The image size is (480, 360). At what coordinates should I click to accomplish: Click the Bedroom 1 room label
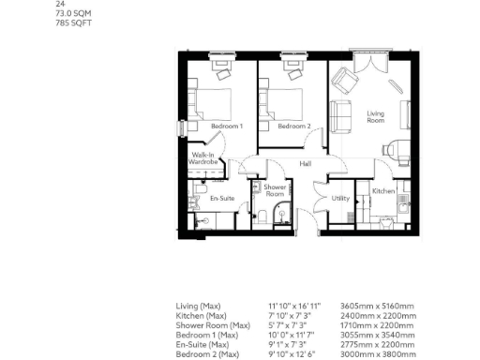pos(227,126)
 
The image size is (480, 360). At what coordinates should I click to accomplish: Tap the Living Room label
pos(375,116)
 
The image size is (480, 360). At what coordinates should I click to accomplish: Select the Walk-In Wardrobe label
pos(204,158)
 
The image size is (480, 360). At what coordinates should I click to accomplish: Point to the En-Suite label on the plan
pos(221,198)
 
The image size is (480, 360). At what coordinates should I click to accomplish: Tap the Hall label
pos(306,164)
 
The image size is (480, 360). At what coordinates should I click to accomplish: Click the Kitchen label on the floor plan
pos(383,190)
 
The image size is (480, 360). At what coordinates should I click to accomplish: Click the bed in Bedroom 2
pos(287,97)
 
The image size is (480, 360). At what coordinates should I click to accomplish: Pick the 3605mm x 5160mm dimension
pos(374,306)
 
